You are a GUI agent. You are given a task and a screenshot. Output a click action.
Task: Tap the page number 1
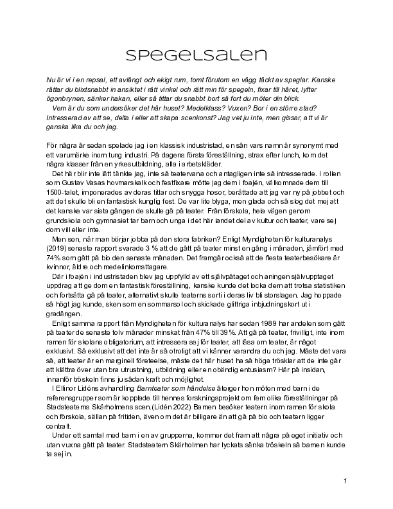click(x=345, y=481)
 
